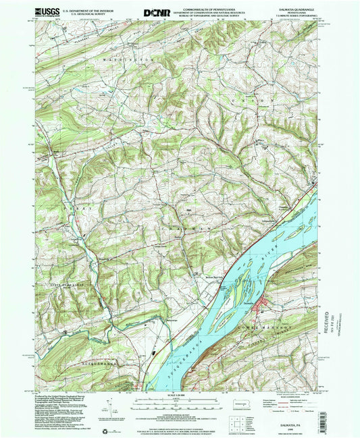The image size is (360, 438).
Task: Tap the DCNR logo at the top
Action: click(157, 12)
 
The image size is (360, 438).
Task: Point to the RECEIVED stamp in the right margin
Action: click(330, 324)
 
